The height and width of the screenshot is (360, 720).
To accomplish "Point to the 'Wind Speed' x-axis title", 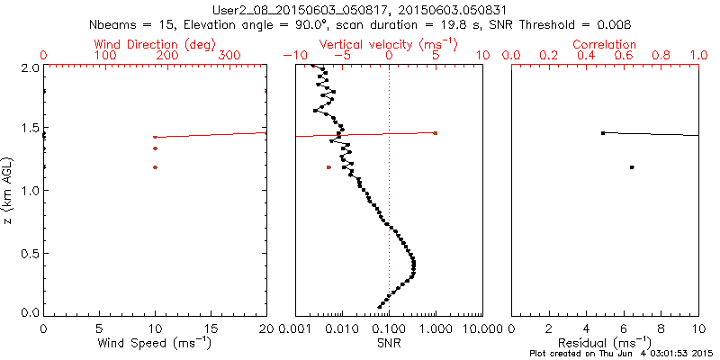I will (x=155, y=343).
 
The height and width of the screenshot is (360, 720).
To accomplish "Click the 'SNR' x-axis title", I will (x=389, y=343).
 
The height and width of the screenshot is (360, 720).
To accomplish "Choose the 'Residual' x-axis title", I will (x=605, y=343).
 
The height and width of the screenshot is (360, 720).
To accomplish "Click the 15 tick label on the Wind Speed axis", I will (x=211, y=329).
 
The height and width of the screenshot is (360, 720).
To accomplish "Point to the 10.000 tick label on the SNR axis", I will (x=482, y=329).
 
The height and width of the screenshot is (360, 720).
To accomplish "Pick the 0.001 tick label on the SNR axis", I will (x=295, y=329).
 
